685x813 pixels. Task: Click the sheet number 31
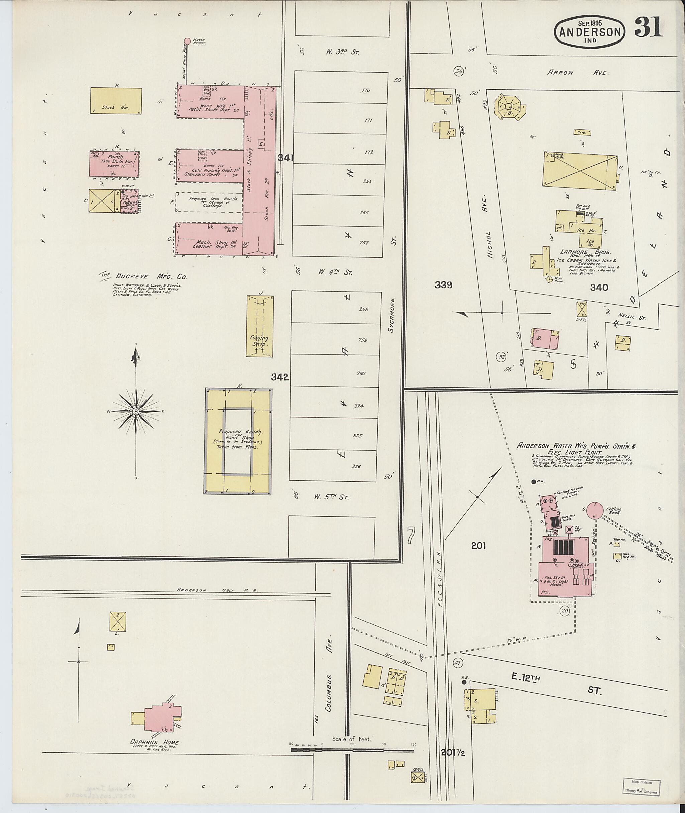point(649,28)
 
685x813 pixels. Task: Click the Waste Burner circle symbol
point(187,41)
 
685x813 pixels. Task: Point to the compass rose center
point(136,411)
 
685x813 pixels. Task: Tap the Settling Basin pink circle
point(594,510)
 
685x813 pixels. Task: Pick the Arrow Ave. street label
point(579,72)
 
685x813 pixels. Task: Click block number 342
point(280,377)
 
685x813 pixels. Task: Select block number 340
point(599,288)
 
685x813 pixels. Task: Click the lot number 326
point(356,466)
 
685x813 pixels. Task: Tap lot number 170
point(365,90)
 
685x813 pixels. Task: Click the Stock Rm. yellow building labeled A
point(116,101)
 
